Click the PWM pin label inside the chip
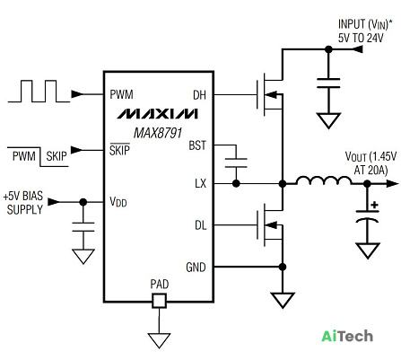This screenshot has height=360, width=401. (x=121, y=94)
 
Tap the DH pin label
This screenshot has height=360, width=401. (x=199, y=95)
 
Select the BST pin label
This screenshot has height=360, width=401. (x=197, y=145)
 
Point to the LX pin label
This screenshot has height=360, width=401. (x=200, y=183)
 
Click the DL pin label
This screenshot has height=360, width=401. (x=200, y=225)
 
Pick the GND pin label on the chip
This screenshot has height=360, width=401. (x=196, y=268)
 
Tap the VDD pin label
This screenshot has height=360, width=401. (x=118, y=202)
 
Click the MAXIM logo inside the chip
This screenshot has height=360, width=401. (x=157, y=114)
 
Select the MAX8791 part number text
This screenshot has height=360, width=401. (x=158, y=133)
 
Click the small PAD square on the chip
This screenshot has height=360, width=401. (x=159, y=301)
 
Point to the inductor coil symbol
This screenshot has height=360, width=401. (x=324, y=180)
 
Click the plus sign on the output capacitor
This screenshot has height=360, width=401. (x=374, y=206)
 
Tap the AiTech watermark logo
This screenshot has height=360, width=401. (x=347, y=336)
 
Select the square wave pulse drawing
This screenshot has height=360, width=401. (x=39, y=92)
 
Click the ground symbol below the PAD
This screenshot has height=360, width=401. (x=159, y=341)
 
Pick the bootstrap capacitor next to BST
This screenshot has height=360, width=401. (x=236, y=162)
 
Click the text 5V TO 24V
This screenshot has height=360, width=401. (x=361, y=38)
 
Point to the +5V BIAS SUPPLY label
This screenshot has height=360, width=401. (x=23, y=203)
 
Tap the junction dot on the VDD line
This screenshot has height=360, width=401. (x=83, y=202)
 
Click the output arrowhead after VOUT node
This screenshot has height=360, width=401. (x=392, y=184)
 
